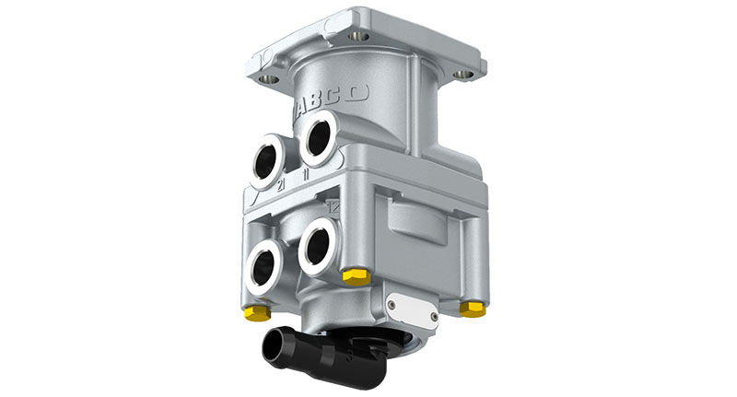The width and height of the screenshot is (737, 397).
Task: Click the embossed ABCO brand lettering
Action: pyautogui.click(x=333, y=99)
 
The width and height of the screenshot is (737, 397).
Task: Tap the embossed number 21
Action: pyautogui.click(x=282, y=184)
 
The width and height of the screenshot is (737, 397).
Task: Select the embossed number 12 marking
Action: pyautogui.click(x=333, y=207)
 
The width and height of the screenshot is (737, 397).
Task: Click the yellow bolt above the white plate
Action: pyautogui.click(x=356, y=276)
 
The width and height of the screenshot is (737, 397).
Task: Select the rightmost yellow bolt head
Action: pyautogui.click(x=473, y=309)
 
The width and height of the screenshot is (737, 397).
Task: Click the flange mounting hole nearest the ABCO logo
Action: pyautogui.click(x=271, y=81)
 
